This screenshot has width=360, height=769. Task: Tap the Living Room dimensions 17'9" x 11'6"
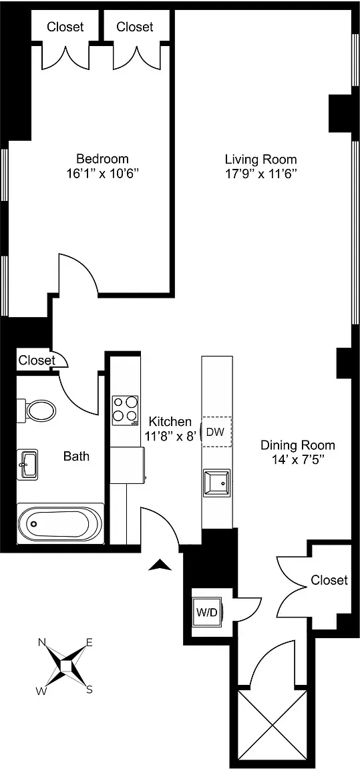(x=260, y=174)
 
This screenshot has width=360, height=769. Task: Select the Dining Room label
(x=297, y=445)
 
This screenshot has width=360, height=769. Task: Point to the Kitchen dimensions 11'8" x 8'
(x=170, y=437)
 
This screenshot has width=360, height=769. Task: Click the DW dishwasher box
(x=215, y=431)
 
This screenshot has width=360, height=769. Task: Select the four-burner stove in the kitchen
(x=125, y=411)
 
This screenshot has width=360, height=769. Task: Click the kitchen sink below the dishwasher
(x=216, y=482)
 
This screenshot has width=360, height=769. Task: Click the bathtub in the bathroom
(x=59, y=523)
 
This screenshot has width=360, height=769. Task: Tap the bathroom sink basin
(x=29, y=464)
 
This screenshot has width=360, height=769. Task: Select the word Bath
(x=76, y=457)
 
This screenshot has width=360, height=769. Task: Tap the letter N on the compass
(x=41, y=642)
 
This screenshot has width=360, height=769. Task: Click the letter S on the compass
(x=89, y=690)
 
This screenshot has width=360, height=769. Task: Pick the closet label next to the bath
(x=36, y=360)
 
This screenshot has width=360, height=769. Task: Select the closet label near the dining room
(x=329, y=580)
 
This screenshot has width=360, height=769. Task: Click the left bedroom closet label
(x=65, y=27)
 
